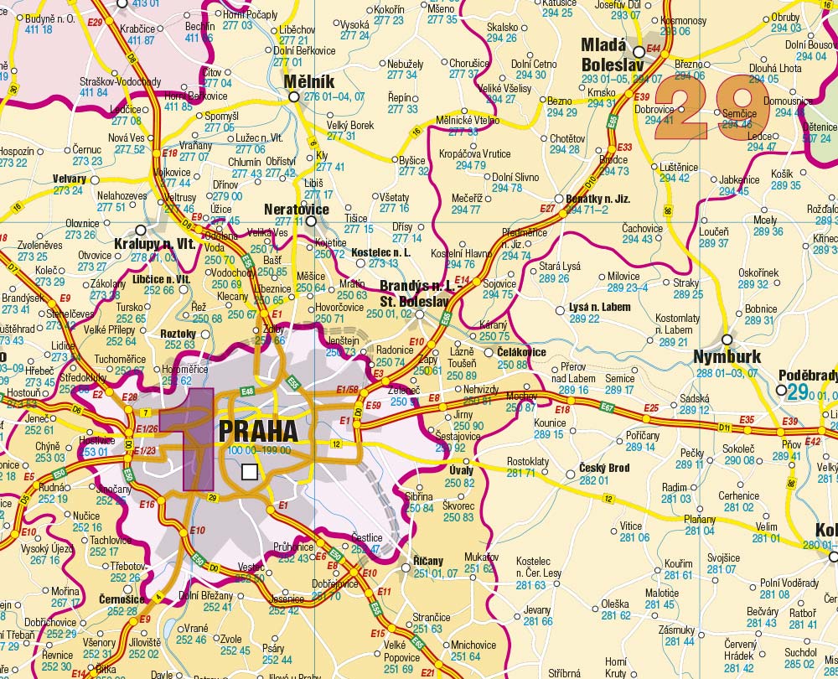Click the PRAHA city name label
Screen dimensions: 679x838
(x=258, y=431)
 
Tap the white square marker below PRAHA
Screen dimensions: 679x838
(x=249, y=473)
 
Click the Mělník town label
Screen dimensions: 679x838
(x=309, y=81)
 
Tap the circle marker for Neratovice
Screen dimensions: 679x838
(x=312, y=221)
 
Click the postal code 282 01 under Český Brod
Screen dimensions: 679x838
(x=594, y=480)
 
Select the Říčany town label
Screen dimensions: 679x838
(x=429, y=561)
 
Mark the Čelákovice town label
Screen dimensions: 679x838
(x=522, y=352)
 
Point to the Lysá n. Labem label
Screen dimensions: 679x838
(x=600, y=308)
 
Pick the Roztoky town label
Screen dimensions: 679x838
(x=178, y=334)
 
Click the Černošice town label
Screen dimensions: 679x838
(x=122, y=599)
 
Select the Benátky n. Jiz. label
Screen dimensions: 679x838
(x=598, y=200)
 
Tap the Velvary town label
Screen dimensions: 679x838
(x=70, y=179)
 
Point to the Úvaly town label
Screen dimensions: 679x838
(x=462, y=471)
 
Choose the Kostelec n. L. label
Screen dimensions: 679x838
(x=381, y=252)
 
